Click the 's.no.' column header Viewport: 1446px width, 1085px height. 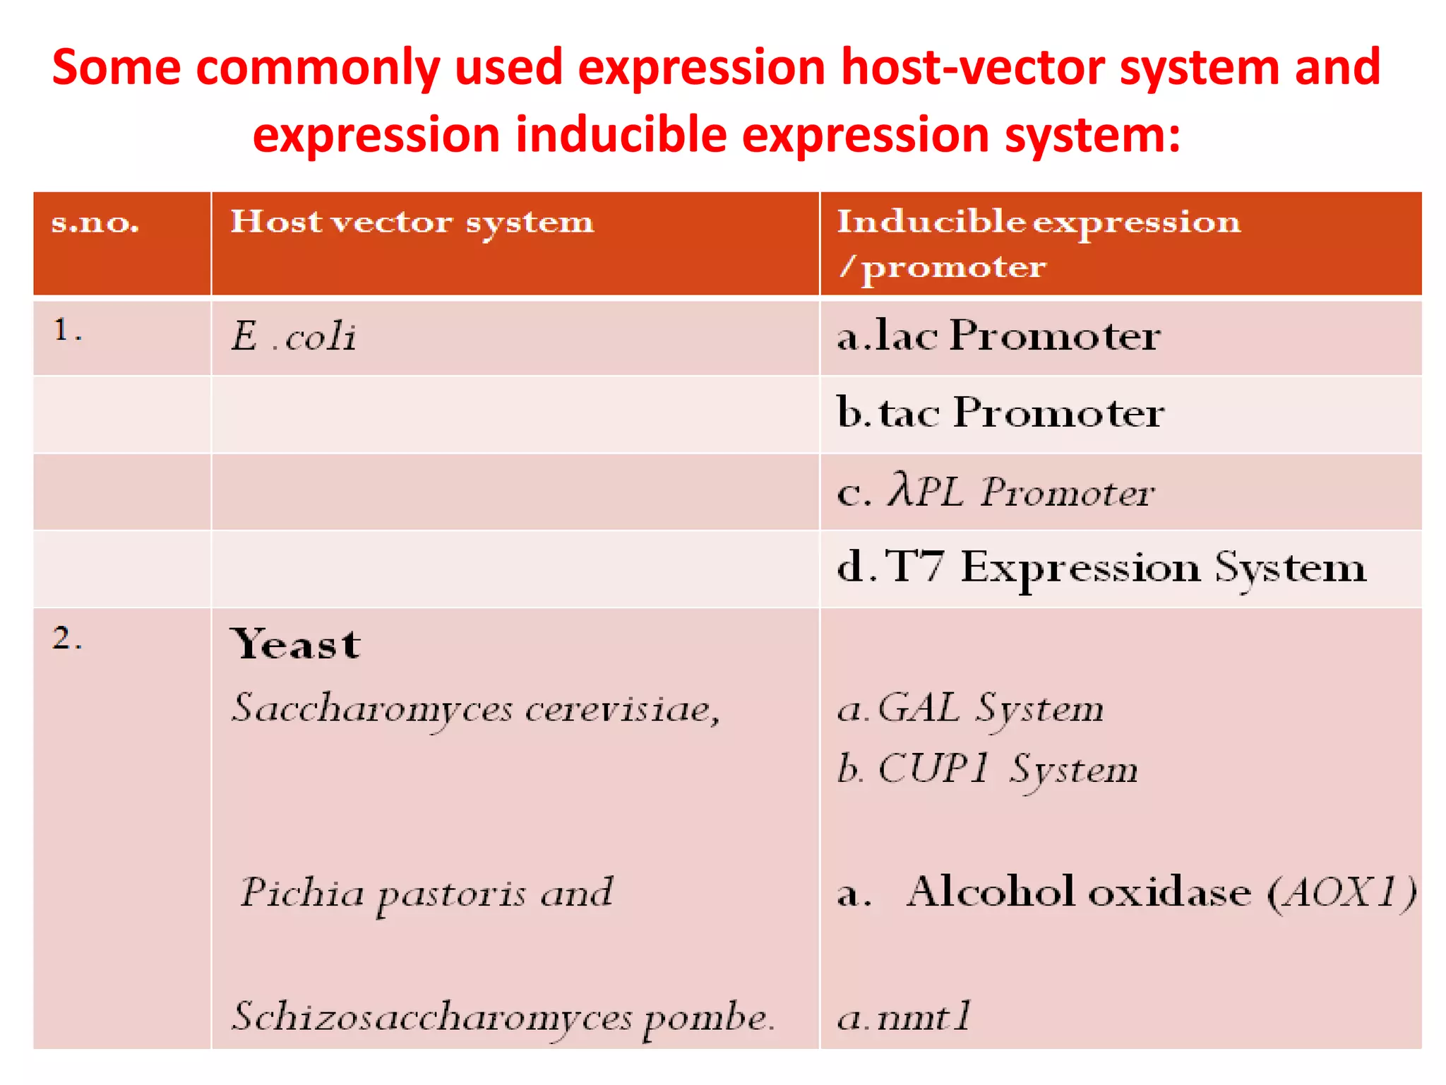[x=95, y=223]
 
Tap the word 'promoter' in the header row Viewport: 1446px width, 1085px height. [x=954, y=268]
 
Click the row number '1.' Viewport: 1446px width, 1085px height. [x=67, y=331]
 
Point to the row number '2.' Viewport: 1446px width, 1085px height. [x=67, y=639]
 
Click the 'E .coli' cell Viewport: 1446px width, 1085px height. [x=294, y=336]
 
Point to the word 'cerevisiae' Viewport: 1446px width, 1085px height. [x=621, y=708]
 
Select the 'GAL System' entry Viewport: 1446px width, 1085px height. [x=990, y=708]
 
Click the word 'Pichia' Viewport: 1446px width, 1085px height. [x=302, y=893]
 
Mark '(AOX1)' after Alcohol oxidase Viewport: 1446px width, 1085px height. [x=1342, y=892]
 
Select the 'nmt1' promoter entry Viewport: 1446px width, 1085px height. [x=924, y=1017]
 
